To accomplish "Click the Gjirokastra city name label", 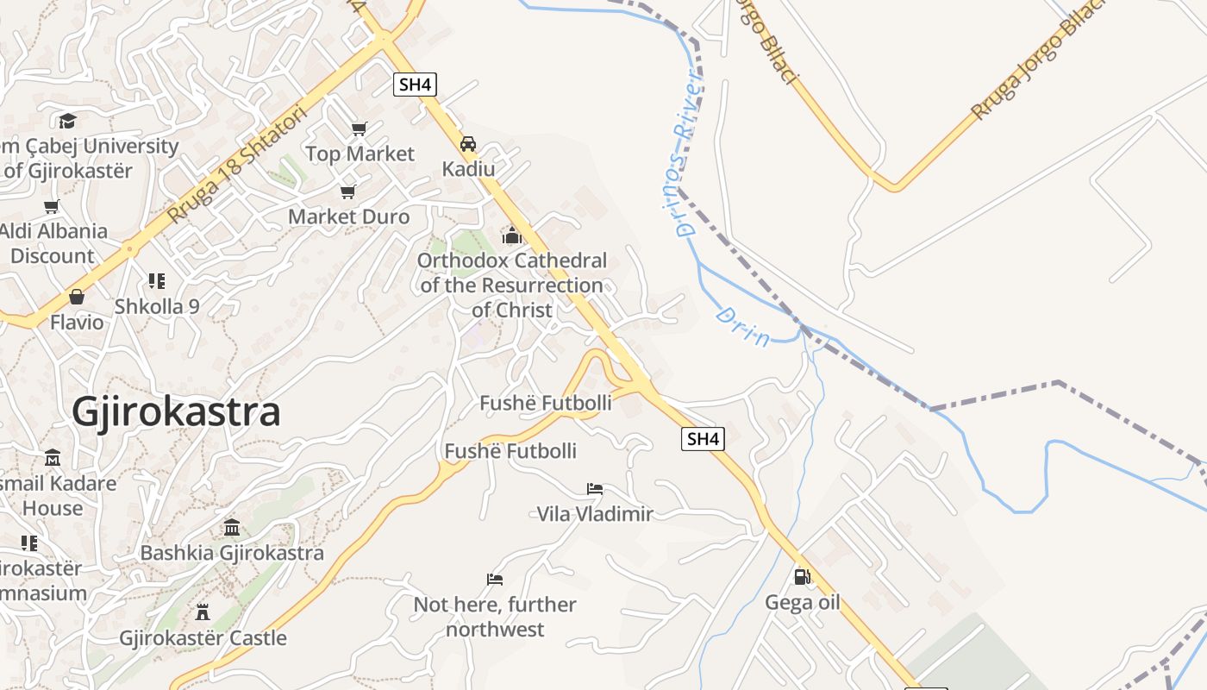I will click(176, 412).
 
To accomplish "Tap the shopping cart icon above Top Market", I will click(360, 129).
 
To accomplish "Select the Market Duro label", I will click(348, 216).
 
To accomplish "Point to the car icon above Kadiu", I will click(468, 144).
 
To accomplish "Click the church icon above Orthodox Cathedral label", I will click(512, 235).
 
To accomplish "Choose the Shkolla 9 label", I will click(157, 306).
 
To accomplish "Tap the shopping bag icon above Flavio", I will click(77, 298).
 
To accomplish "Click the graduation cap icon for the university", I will click(68, 121).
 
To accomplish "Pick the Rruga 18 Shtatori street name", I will click(238, 164).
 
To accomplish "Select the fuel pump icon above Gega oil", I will click(802, 576).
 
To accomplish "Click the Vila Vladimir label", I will click(595, 514).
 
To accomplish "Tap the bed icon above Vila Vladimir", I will click(595, 489).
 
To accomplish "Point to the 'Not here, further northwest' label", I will click(495, 617).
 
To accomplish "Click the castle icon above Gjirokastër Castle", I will click(203, 612).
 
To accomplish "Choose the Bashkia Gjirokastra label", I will click(232, 553).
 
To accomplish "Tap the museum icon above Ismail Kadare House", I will click(53, 457).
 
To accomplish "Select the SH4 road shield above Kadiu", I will click(416, 85).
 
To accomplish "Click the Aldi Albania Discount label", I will click(53, 243).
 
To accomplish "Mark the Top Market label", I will click(360, 154).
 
